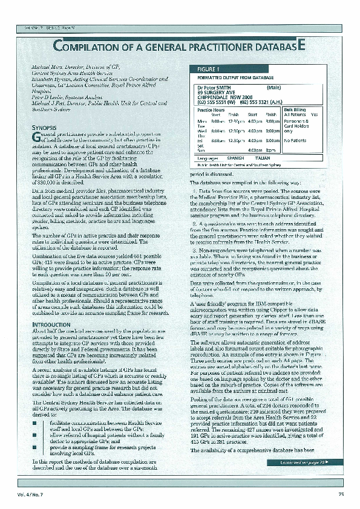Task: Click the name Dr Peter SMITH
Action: click(215, 88)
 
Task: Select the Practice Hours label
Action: click(211, 109)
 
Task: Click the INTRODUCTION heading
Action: click(51, 324)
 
